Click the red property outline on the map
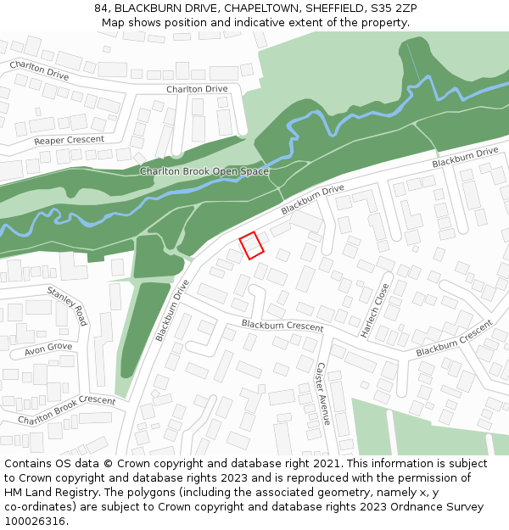coord(251,245)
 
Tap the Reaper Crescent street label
coord(70,140)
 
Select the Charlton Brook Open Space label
coord(204,171)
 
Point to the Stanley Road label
coord(67,306)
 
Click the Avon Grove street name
coord(48,349)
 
